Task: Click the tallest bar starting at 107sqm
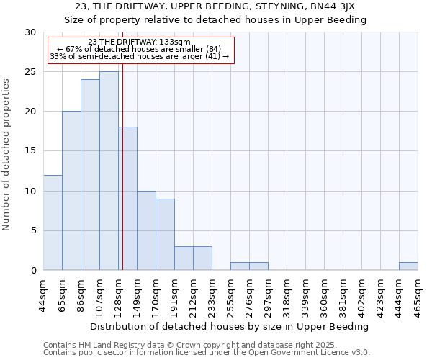pos(109,171)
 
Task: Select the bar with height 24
pos(90,175)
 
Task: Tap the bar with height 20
pos(71,191)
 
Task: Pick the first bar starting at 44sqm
pos(53,222)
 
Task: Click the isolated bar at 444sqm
pos(408,266)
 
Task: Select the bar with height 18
pos(128,199)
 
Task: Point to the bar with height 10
pos(146,230)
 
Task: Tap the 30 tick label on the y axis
pos(30,32)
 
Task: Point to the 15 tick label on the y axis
pos(30,151)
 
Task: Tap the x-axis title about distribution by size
pos(230,326)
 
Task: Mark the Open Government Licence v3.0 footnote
pos(207,353)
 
